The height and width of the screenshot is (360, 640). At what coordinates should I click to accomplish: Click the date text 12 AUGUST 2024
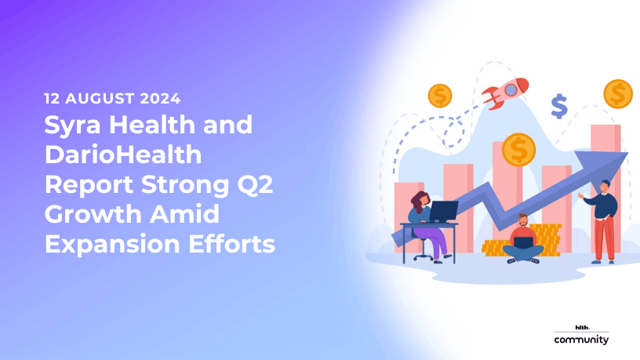[112, 98]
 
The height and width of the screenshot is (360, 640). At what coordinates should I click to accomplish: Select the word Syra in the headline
[72, 125]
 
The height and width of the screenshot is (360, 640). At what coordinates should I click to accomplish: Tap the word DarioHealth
[123, 155]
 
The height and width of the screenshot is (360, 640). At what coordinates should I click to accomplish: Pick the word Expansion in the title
[112, 245]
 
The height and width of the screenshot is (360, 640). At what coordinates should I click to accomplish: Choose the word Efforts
[231, 244]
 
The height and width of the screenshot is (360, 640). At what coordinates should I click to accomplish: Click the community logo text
[581, 340]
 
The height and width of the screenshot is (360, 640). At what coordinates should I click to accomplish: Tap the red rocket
[505, 93]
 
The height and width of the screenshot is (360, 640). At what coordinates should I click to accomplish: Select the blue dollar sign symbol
[559, 106]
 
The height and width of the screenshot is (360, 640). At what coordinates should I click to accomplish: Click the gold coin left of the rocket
[440, 96]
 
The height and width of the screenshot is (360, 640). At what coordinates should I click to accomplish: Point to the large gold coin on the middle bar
[518, 150]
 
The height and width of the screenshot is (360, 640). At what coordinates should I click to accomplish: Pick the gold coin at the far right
[618, 94]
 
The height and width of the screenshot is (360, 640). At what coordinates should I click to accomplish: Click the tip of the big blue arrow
[627, 153]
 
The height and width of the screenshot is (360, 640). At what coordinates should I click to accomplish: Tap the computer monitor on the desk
[444, 211]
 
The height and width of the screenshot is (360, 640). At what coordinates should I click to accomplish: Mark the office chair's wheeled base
[424, 256]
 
